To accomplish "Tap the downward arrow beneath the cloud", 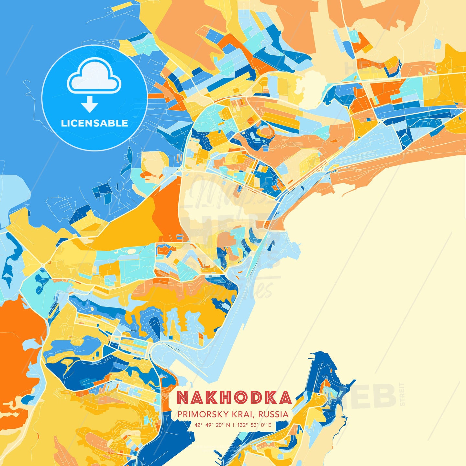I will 90,104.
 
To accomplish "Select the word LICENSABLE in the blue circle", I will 94,123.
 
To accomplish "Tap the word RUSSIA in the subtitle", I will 273,414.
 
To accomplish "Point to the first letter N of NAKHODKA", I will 183,398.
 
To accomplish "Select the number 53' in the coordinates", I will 253,425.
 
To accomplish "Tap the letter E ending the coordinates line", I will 270,425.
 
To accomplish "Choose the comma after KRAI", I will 255,416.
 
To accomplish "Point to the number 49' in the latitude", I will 208,425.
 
